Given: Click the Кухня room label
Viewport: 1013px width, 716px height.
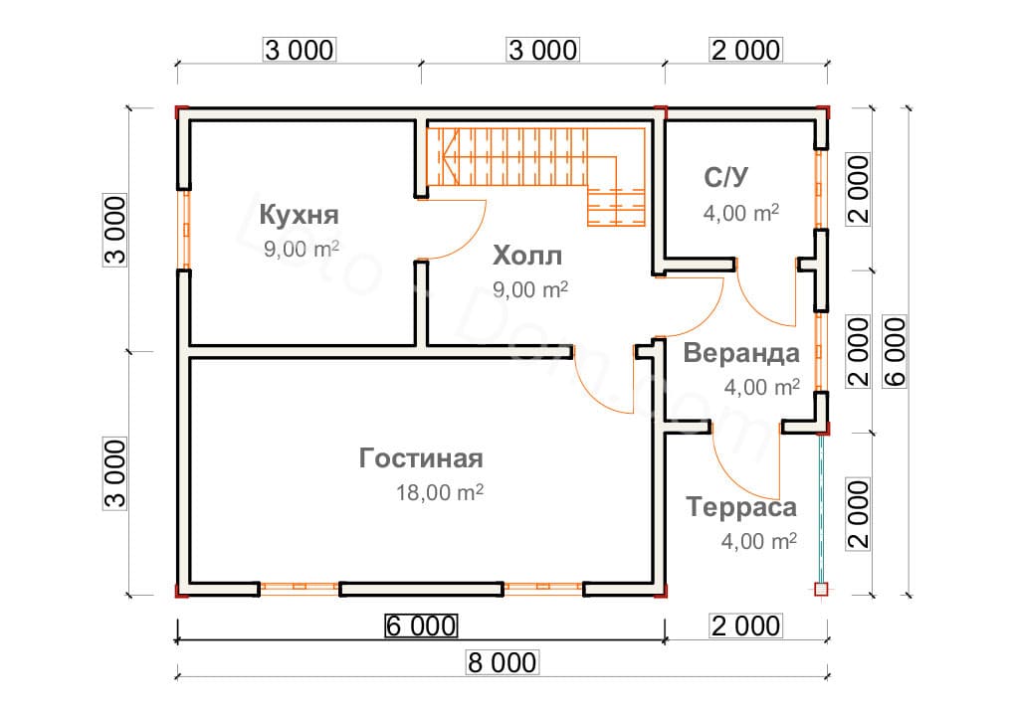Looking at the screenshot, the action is pyautogui.click(x=300, y=215).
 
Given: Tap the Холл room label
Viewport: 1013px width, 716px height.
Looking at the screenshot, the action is pyautogui.click(x=527, y=256).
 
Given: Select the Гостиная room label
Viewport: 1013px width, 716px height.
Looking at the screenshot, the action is pyautogui.click(x=421, y=458).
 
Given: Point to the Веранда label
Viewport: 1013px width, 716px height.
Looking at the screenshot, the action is pyautogui.click(x=741, y=353).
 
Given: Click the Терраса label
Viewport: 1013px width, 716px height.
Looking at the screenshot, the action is pyautogui.click(x=741, y=507).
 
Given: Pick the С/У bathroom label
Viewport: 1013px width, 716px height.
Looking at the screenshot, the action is pyautogui.click(x=725, y=177).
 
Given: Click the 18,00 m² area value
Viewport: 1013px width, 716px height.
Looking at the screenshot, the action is pyautogui.click(x=439, y=492).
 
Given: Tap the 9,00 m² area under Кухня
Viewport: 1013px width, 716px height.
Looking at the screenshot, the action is pyautogui.click(x=302, y=249).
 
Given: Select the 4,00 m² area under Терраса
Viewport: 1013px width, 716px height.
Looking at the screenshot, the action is pyautogui.click(x=758, y=541).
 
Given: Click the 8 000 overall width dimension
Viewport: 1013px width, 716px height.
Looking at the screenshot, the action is pyautogui.click(x=502, y=662).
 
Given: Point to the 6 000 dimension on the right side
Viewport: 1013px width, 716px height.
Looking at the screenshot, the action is pyautogui.click(x=895, y=351).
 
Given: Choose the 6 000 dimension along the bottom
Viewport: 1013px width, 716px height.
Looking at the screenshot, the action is pyautogui.click(x=421, y=626).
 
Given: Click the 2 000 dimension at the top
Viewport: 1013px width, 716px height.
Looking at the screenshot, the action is pyautogui.click(x=746, y=50).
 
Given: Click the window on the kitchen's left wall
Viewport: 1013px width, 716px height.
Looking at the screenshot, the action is pyautogui.click(x=184, y=229).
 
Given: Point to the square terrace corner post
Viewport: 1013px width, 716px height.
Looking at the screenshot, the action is pyautogui.click(x=821, y=590).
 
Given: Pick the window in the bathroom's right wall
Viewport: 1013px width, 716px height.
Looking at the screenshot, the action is pyautogui.click(x=820, y=189).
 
